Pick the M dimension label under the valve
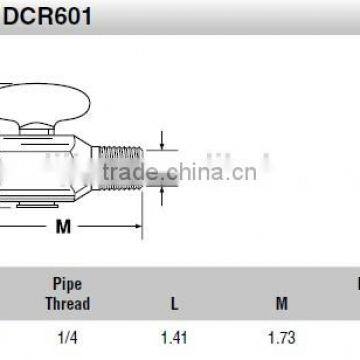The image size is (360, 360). pyautogui.click(x=62, y=227)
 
